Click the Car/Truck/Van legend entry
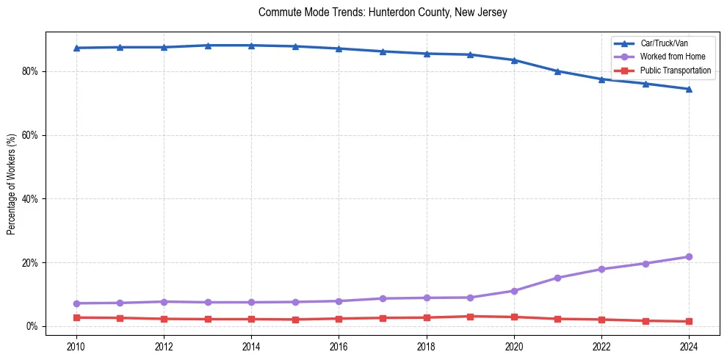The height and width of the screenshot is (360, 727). tap(664, 43)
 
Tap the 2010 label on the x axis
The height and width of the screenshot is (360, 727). tap(76, 345)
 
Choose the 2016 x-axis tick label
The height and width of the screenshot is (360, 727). tap(339, 345)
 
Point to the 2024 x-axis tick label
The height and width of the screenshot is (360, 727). tap(689, 345)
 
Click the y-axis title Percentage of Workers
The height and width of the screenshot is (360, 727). tap(12, 184)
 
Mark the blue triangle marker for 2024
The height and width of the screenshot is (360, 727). tap(689, 89)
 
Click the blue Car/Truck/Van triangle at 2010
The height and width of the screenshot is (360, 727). tap(76, 48)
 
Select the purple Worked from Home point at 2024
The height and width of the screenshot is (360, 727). tap(689, 256)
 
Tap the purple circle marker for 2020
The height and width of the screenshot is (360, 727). tap(514, 291)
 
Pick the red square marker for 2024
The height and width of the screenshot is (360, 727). tap(689, 321)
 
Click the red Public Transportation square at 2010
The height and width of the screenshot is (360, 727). tap(76, 317)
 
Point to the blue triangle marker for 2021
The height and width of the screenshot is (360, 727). tap(557, 71)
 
